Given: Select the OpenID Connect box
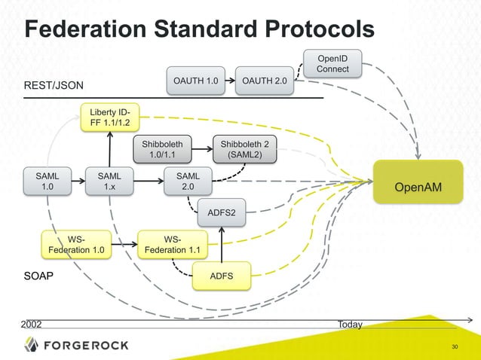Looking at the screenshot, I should coord(332,63).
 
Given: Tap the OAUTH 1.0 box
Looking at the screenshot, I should coord(195,81).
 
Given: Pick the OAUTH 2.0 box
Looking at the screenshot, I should coord(264,81).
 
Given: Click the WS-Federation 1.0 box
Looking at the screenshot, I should coord(76,244).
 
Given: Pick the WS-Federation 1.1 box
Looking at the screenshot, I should coord(172,244).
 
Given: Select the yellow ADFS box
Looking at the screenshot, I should coord(222,276).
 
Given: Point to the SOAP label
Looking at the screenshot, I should coord(38,276).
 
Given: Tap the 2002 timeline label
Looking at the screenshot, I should coord(31,325).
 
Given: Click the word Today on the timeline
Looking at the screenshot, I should coord(350,325).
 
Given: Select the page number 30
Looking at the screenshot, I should coord(454,346).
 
